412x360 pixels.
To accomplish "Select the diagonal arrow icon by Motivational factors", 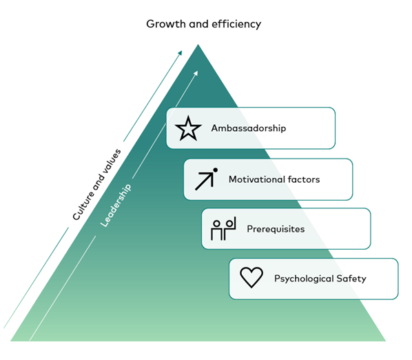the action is [x=205, y=181].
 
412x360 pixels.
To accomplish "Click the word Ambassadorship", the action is [x=249, y=128].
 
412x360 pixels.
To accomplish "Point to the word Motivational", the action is [x=257, y=179].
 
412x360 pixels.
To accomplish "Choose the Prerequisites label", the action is [x=276, y=229].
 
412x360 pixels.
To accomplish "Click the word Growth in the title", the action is [x=166, y=24].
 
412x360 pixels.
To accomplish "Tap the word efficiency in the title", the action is [x=236, y=24].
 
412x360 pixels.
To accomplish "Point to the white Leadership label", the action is [x=116, y=206].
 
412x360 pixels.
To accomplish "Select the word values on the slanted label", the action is [x=112, y=161].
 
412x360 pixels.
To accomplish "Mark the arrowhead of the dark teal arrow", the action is [x=180, y=53].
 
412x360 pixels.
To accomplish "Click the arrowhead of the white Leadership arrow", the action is [x=196, y=73].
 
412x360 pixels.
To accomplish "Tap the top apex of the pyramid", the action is [x=198, y=44].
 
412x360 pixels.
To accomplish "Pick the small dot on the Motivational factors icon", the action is [x=215, y=170].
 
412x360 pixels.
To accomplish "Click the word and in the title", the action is [x=198, y=24].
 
